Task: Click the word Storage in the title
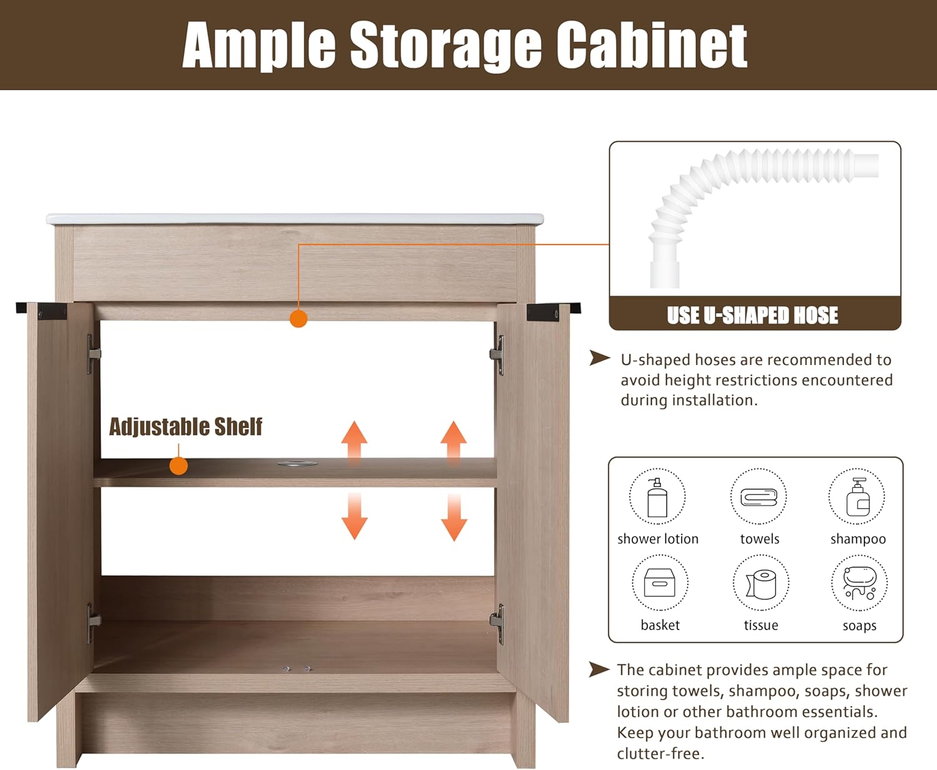pos(445,46)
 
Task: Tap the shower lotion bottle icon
pos(657,497)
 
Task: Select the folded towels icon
pos(759,497)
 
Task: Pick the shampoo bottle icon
pos(858,497)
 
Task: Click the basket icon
pos(660,583)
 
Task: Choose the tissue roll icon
pos(761,584)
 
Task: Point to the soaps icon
pos(860,583)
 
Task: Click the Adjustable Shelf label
pos(186,427)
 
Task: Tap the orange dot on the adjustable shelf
pos(179,466)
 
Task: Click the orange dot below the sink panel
pos(299,318)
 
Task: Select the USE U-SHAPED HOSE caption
pos(753,315)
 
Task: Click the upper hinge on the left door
pos(93,354)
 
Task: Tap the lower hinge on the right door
pos(498,624)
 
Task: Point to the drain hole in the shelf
pos(298,463)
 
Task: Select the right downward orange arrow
pos(454,517)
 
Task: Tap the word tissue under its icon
pos(761,625)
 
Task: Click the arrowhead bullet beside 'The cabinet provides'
pos(599,669)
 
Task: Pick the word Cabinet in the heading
pos(652,45)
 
